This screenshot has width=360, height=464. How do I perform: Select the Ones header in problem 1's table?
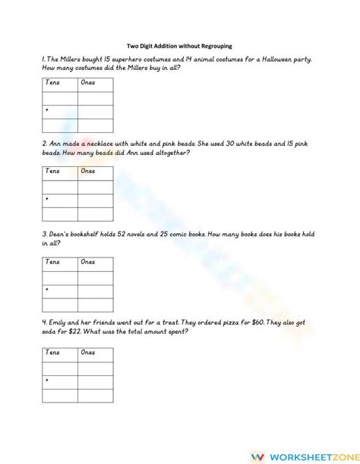[x=88, y=82]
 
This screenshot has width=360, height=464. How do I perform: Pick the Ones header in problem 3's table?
[x=88, y=262]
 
